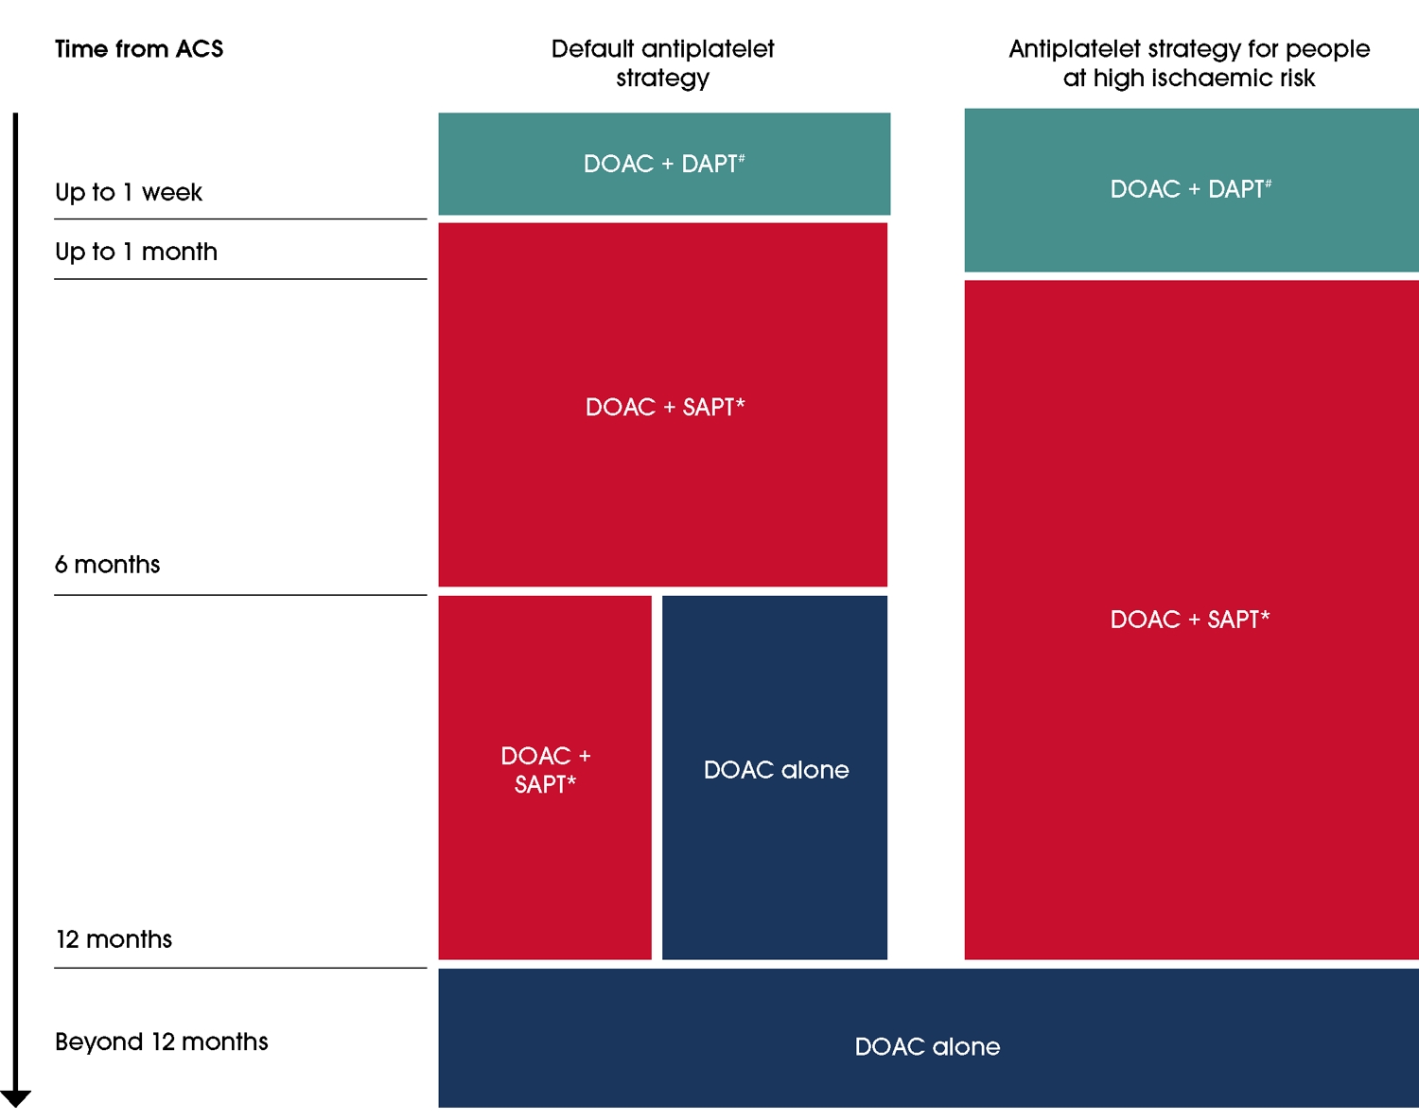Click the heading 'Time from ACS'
139,49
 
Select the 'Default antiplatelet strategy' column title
662,62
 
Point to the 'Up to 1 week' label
129,193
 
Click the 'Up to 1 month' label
136,253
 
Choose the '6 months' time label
108,565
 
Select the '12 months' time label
114,939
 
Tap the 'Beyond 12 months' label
162,1041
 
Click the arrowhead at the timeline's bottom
16,1098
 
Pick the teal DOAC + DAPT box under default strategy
664,165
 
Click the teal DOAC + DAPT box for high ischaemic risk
1191,190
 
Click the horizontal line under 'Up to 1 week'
240,219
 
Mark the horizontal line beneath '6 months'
240,595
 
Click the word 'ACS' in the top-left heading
200,49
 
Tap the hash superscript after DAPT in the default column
742,158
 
